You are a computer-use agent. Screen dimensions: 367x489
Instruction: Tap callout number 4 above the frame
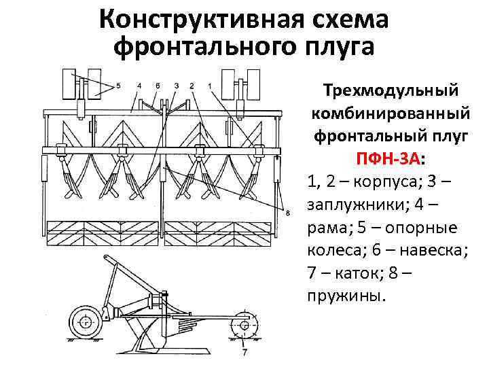[139, 86]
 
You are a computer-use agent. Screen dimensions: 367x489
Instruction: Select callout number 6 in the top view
[158, 86]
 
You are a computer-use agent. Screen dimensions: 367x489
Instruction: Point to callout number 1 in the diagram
[210, 86]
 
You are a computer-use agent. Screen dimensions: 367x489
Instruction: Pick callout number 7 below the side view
[244, 353]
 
